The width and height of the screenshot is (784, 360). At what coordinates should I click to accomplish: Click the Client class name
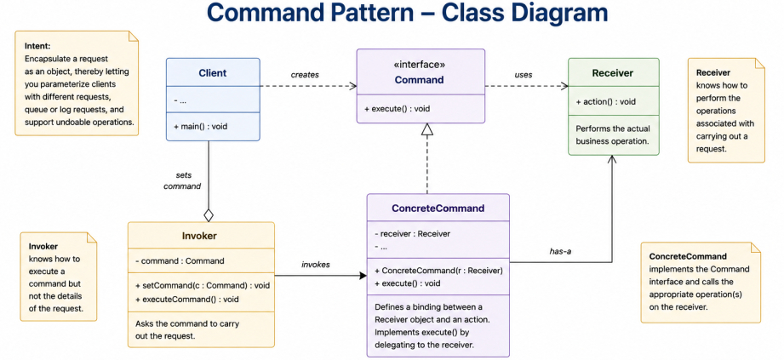[x=213, y=73]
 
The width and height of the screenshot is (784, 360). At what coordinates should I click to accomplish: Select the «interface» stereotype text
[x=420, y=65]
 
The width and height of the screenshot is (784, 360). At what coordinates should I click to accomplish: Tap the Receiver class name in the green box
[x=613, y=73]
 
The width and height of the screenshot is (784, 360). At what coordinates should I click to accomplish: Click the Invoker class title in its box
[x=200, y=236]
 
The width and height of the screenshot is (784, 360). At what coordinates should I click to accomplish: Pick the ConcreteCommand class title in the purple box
[x=438, y=209]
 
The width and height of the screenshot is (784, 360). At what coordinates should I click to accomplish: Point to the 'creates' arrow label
[x=305, y=75]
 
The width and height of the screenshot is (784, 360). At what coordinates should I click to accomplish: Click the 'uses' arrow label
[x=524, y=75]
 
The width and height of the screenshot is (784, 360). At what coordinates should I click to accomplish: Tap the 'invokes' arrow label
[x=316, y=265]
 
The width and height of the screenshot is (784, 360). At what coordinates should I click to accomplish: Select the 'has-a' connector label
[x=560, y=252]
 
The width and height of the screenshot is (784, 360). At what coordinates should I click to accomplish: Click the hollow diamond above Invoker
[x=209, y=215]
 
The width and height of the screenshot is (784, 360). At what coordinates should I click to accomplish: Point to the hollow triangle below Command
[x=426, y=129]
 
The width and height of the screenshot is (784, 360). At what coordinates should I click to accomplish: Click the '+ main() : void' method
[x=201, y=127]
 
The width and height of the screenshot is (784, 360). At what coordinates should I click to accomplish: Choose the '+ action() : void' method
[x=605, y=101]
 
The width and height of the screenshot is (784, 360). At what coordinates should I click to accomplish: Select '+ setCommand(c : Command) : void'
[x=203, y=285]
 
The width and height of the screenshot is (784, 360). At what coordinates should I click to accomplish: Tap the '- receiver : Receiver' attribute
[x=413, y=233]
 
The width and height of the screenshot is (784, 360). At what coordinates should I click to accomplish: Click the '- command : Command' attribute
[x=180, y=260]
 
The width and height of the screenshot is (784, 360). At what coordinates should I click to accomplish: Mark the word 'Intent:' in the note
[x=37, y=46]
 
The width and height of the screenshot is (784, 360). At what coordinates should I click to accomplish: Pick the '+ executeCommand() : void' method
[x=187, y=300]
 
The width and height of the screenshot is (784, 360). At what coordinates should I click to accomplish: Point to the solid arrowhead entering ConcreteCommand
[x=363, y=276]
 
